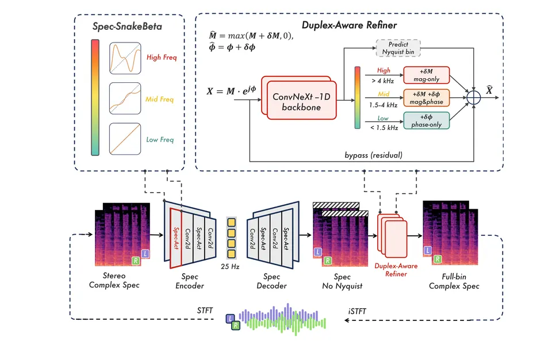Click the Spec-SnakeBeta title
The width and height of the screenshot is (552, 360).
[x=127, y=26]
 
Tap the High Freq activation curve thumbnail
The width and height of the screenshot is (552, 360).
[x=125, y=58]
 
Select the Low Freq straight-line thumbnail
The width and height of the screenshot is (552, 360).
[x=125, y=139]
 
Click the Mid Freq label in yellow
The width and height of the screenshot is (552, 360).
[x=159, y=99]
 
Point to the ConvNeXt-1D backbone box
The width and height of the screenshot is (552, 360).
[x=302, y=100]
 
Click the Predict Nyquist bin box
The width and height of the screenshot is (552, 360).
[x=398, y=48]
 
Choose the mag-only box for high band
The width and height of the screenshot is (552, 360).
[x=426, y=75]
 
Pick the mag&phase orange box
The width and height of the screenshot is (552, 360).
[x=426, y=98]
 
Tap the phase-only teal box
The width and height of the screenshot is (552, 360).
[x=426, y=120]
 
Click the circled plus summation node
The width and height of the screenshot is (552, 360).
[x=473, y=98]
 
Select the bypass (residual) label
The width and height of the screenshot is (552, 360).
[x=374, y=155]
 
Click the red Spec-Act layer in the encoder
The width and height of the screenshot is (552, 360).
[x=176, y=238]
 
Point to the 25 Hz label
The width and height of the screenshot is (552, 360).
[x=230, y=267]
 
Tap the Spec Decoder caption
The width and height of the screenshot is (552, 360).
[x=271, y=281]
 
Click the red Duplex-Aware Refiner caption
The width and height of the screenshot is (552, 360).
[x=396, y=270]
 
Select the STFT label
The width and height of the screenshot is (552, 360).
[x=205, y=311]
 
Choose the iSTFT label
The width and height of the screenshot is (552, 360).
[x=357, y=311]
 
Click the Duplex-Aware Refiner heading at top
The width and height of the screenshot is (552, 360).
[x=349, y=25]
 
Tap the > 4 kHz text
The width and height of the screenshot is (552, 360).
[x=383, y=81]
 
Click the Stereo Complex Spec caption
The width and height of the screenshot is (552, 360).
[x=114, y=281]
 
